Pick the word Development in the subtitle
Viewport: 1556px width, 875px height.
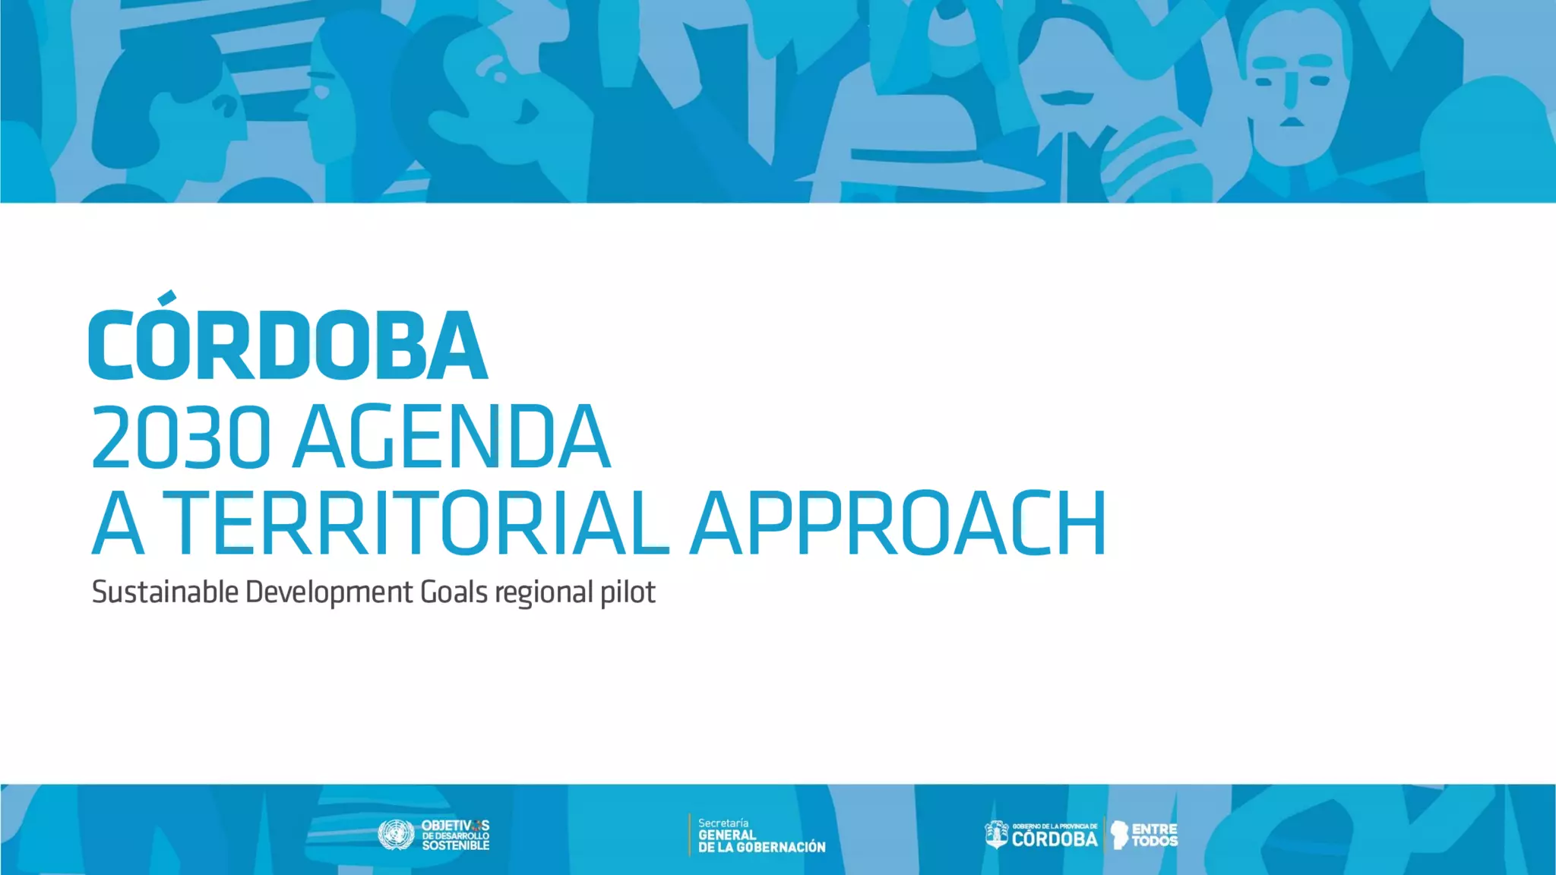pos(329,592)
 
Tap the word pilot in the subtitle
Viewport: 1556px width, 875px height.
pos(628,592)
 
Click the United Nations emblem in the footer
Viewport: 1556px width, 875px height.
pos(396,835)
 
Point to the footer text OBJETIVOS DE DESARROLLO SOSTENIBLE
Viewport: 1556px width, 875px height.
pos(455,835)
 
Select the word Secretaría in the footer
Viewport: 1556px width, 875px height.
pos(723,823)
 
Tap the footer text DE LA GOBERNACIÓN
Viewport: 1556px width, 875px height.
pos(761,847)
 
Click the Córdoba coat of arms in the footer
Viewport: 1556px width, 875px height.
pos(996,835)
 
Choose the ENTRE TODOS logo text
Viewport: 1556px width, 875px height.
pos(1154,835)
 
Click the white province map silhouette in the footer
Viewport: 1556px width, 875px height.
pos(1118,834)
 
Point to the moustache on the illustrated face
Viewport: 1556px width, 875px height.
pos(1066,98)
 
